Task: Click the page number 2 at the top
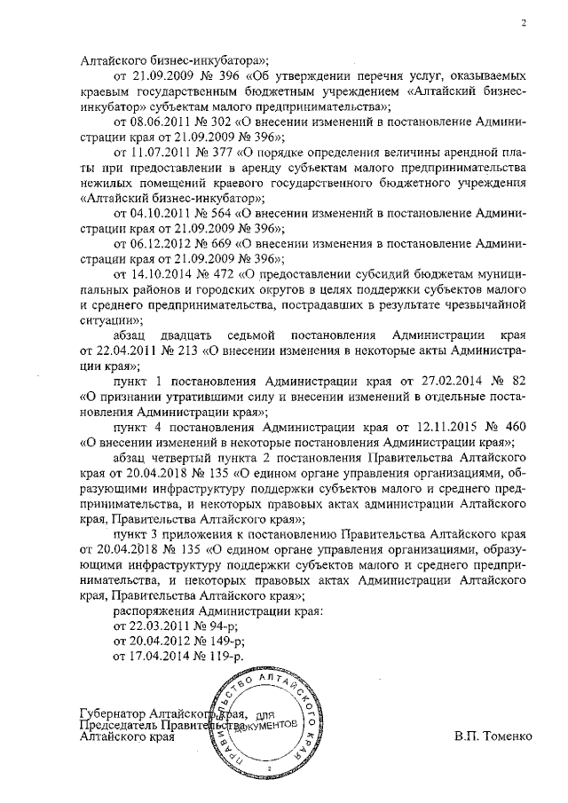(x=524, y=23)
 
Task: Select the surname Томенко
(x=511, y=736)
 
